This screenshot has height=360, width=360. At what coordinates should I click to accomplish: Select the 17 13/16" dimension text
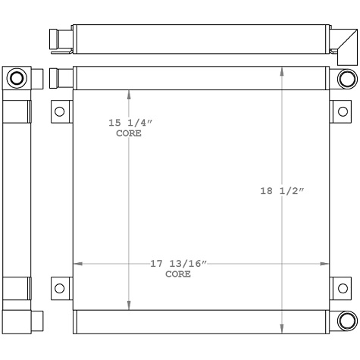point(178,263)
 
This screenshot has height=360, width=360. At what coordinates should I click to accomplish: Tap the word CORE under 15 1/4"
point(129,133)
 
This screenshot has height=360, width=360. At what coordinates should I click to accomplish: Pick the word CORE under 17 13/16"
point(178,274)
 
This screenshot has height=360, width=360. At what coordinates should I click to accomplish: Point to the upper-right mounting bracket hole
point(343,111)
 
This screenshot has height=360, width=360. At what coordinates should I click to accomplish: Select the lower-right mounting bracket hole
point(343,288)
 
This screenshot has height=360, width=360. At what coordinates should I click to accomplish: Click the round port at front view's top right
point(346,78)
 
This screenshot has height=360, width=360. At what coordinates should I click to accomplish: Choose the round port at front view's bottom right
point(346,321)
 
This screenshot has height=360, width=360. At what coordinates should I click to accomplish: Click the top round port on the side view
point(17,77)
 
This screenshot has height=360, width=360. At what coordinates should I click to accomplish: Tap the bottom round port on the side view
point(17,321)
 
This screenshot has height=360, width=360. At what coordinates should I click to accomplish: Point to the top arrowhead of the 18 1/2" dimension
point(283,70)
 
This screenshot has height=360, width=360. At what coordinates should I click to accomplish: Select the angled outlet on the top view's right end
point(343,50)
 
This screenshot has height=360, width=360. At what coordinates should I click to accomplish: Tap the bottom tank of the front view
point(201,321)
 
